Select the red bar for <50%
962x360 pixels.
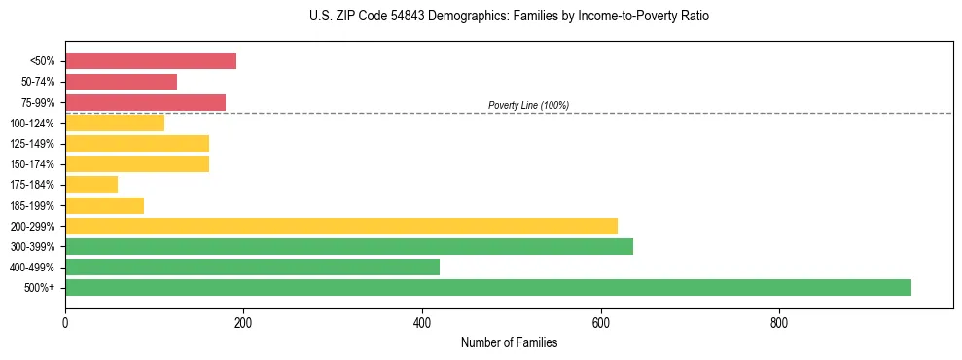pyautogui.click(x=151, y=60)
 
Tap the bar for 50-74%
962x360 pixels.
pyautogui.click(x=121, y=82)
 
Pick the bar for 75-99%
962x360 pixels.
pyautogui.click(x=145, y=102)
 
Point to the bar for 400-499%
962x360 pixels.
pyautogui.click(x=252, y=267)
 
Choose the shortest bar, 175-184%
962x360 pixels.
pyautogui.click(x=91, y=184)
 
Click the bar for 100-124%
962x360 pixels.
pyautogui.click(x=115, y=123)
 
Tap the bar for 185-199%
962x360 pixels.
pyautogui.click(x=104, y=205)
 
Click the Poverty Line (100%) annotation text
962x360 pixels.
pyautogui.click(x=528, y=105)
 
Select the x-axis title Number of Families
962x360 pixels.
pyautogui.click(x=509, y=342)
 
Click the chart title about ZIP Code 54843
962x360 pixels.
pyautogui.click(x=509, y=17)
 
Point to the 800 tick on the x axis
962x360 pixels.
pyautogui.click(x=779, y=323)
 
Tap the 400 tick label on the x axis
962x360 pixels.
pyautogui.click(x=422, y=323)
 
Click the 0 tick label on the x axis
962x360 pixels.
pyautogui.click(x=65, y=323)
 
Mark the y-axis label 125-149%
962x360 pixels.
pyautogui.click(x=32, y=144)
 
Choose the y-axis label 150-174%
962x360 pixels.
pyautogui.click(x=32, y=164)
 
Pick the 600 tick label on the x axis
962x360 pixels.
pyautogui.click(x=601, y=323)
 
